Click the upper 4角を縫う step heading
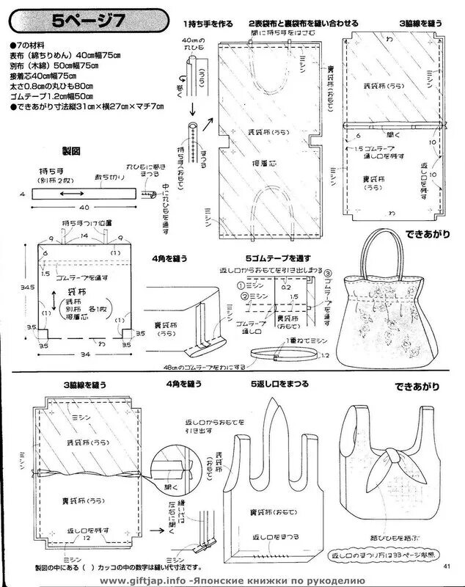pyautogui.click(x=170, y=258)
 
